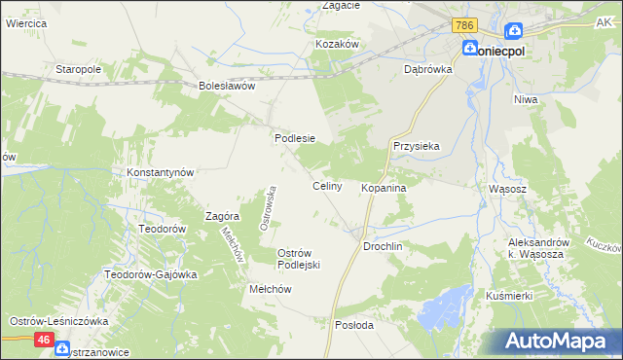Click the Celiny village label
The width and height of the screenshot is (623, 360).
[x=326, y=186]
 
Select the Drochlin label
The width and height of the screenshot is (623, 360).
[x=383, y=247]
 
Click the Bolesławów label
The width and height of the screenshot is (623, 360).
[x=226, y=85]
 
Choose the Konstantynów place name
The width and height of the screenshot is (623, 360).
[x=162, y=171]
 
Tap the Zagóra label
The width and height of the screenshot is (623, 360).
[x=223, y=216]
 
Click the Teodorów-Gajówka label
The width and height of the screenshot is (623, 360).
[x=151, y=274]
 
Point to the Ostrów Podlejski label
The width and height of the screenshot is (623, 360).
[x=299, y=259]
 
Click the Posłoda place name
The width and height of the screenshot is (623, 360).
[x=353, y=325]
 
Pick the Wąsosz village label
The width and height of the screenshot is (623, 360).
[x=507, y=189]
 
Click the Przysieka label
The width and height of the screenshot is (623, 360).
[x=417, y=146]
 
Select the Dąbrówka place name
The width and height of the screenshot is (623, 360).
[x=428, y=69]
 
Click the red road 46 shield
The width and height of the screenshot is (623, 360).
[x=44, y=340]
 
